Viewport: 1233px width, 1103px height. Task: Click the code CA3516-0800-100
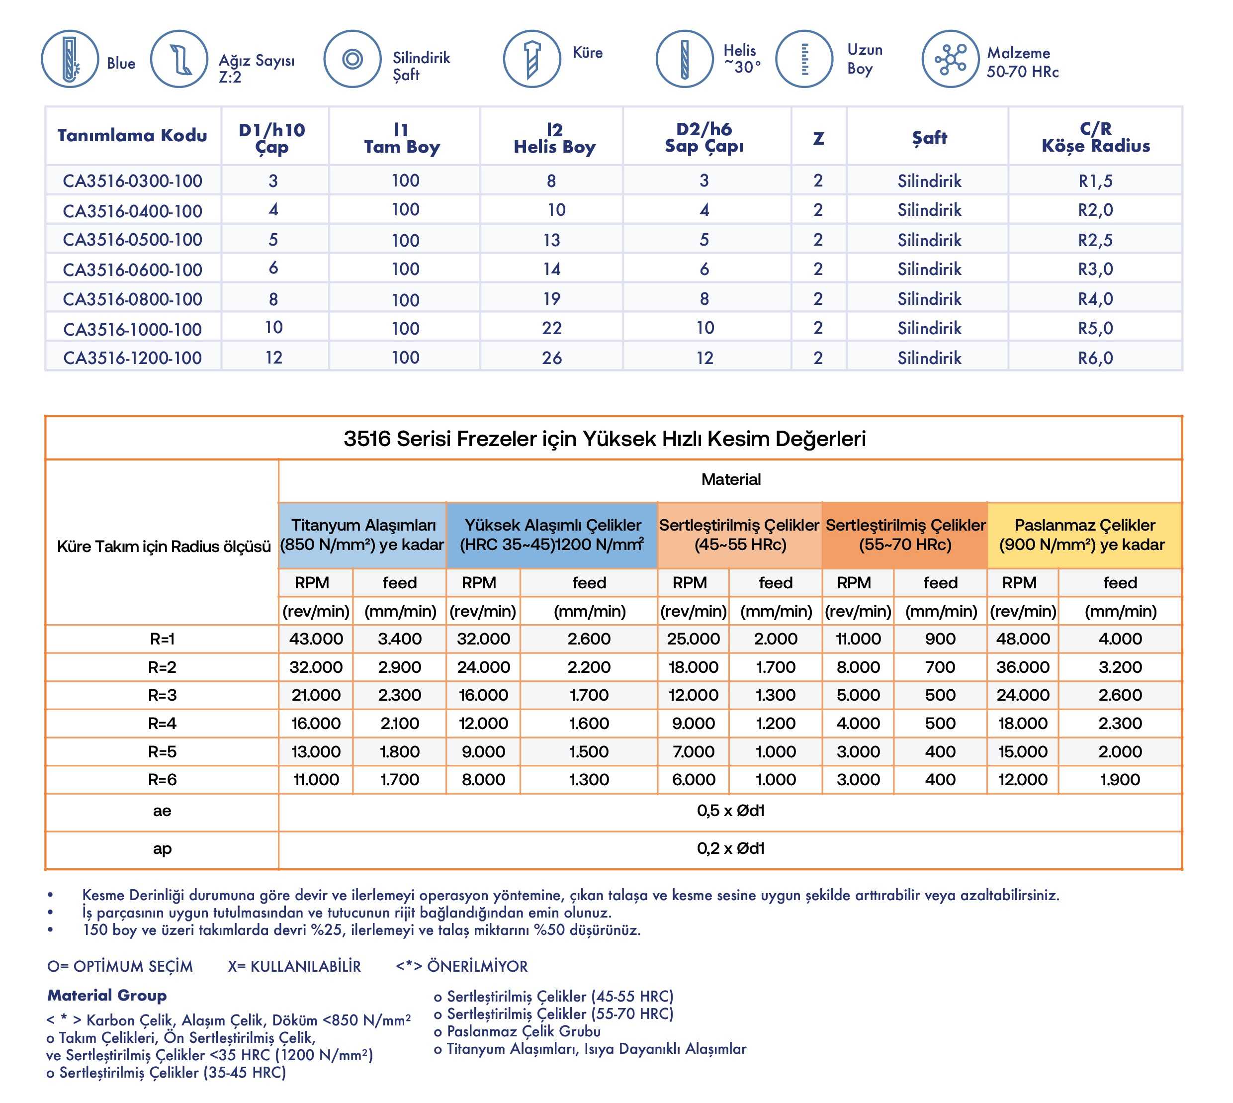click(132, 299)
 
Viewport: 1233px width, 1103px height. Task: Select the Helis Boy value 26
click(551, 358)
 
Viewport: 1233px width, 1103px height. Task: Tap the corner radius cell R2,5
click(1095, 240)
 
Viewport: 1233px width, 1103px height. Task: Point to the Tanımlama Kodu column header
click(132, 135)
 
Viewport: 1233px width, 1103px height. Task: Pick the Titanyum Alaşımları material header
click(362, 535)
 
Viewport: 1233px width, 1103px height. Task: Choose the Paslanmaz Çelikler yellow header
click(1084, 535)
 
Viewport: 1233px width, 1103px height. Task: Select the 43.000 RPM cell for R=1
click(316, 639)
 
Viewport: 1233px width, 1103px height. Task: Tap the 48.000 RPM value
click(1023, 639)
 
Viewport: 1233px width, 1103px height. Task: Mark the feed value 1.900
click(1120, 779)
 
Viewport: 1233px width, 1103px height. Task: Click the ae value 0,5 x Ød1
click(730, 811)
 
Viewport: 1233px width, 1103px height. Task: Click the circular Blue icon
click(70, 59)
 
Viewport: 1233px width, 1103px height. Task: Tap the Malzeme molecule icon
click(950, 59)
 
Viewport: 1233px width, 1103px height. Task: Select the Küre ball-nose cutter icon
click(531, 59)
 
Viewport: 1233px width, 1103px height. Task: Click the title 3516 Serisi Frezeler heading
click(604, 438)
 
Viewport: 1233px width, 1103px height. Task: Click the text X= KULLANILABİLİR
click(294, 966)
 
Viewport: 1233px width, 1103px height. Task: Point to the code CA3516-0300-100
click(132, 181)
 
